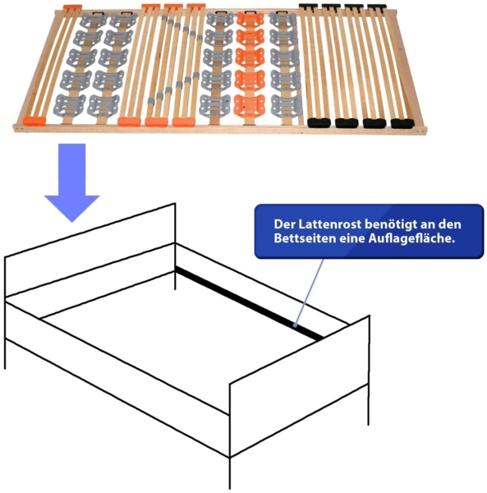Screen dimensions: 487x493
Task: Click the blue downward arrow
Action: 72,182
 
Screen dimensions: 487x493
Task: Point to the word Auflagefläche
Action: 412,239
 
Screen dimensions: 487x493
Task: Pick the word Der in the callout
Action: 284,224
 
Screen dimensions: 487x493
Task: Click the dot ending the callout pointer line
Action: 295,325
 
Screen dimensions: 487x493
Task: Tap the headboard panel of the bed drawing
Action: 90,250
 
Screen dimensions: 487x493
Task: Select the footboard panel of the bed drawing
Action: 300,386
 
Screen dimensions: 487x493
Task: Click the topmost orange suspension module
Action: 250,20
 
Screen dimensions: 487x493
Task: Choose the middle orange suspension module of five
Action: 250,58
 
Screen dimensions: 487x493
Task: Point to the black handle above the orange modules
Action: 250,12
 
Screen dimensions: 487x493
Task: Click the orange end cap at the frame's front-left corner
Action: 34,121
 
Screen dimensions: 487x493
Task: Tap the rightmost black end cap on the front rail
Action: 402,123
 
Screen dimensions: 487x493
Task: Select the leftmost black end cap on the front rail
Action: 319,122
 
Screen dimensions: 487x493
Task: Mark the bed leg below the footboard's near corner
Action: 230,472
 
